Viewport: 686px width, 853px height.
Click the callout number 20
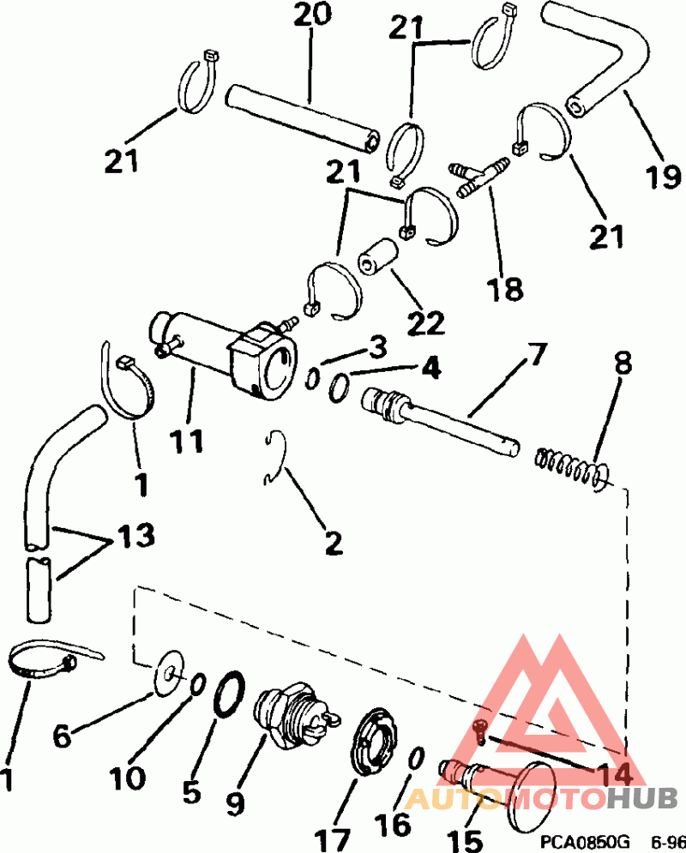[310, 16]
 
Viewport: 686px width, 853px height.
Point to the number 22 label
[426, 323]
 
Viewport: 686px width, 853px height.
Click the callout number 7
[537, 352]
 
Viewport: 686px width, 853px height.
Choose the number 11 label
[186, 441]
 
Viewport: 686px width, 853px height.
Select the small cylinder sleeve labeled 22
[379, 255]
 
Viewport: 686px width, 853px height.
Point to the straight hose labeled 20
[301, 117]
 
